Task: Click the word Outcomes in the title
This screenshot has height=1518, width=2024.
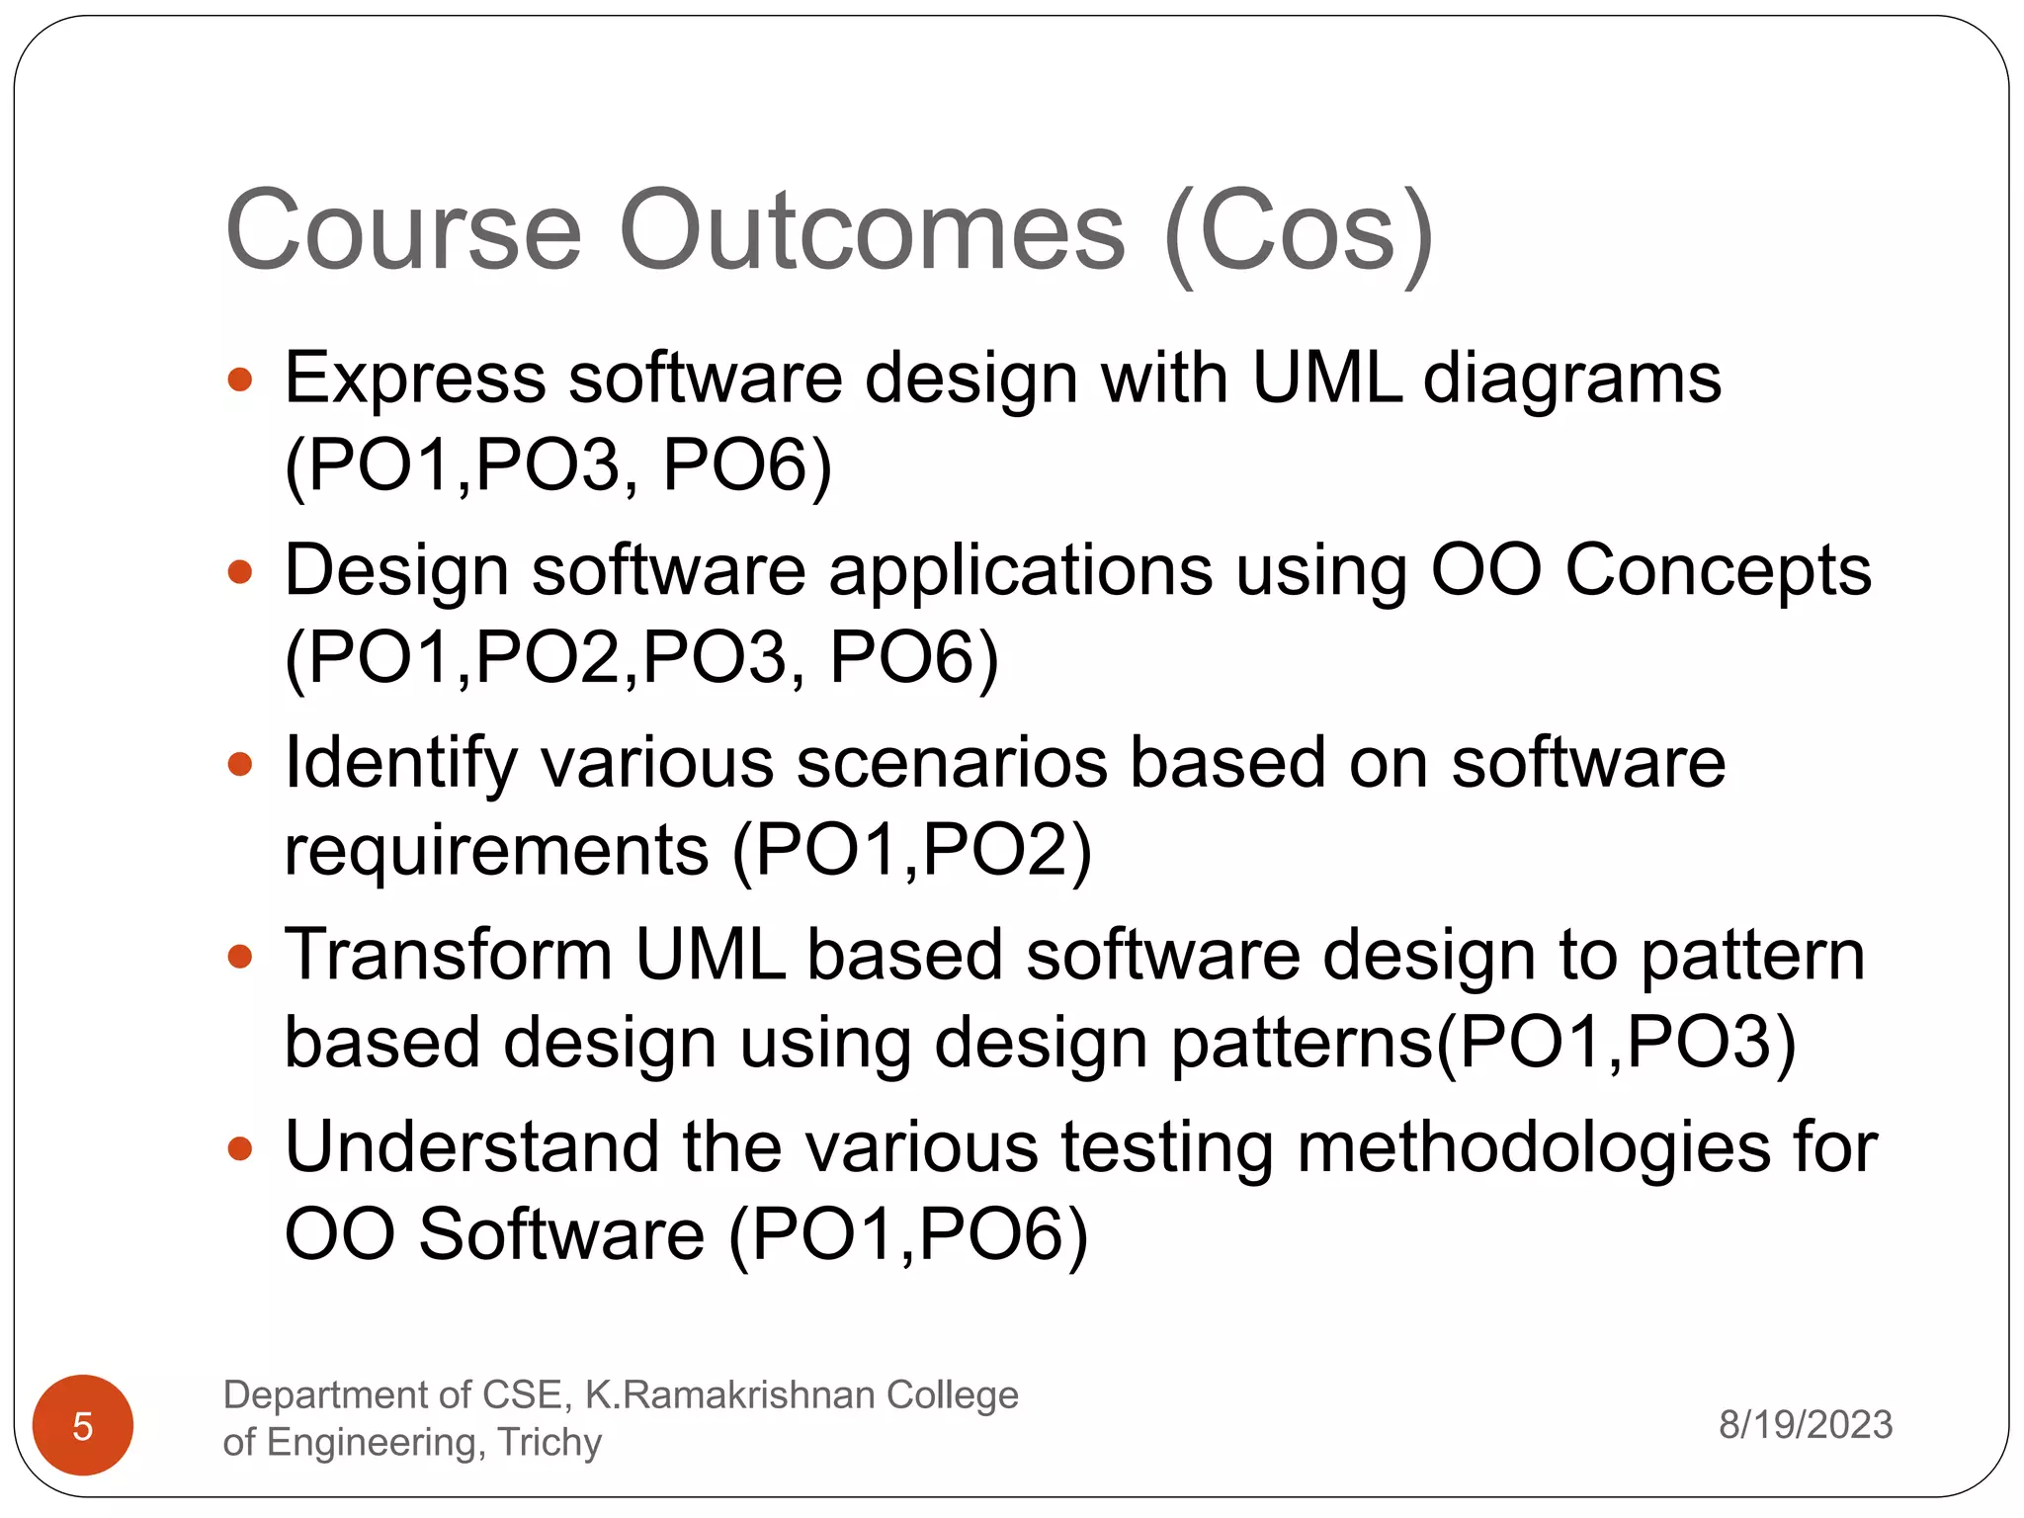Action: [872, 231]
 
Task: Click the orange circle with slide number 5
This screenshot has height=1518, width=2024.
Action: [83, 1424]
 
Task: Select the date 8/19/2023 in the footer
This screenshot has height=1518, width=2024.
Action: [1805, 1424]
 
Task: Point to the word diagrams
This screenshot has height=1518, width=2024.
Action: [1571, 380]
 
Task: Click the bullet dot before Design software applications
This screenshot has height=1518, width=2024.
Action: [240, 571]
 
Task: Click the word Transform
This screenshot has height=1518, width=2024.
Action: [449, 956]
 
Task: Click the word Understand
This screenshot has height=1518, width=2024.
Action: [471, 1147]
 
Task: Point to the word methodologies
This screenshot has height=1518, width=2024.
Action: [1533, 1149]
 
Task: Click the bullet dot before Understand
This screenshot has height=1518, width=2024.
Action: [240, 1148]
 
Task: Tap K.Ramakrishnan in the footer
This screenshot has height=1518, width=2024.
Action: [730, 1394]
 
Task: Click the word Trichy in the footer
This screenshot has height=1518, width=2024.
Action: [549, 1442]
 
